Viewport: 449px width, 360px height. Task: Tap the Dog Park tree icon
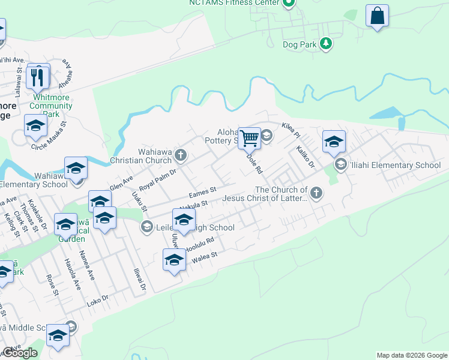[325, 43]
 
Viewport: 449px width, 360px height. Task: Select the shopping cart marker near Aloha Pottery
[249, 138]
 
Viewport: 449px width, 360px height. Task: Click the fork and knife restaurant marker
[38, 76]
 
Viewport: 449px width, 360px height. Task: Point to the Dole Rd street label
[255, 163]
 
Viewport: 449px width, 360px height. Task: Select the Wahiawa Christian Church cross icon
[180, 156]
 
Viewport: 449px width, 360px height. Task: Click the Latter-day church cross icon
[316, 193]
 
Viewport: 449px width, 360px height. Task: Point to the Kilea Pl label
[292, 128]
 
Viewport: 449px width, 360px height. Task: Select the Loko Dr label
[96, 298]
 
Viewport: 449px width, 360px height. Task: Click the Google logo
[20, 353]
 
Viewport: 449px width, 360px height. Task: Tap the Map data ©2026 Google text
[412, 355]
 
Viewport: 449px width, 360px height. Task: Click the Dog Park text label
[300, 43]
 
